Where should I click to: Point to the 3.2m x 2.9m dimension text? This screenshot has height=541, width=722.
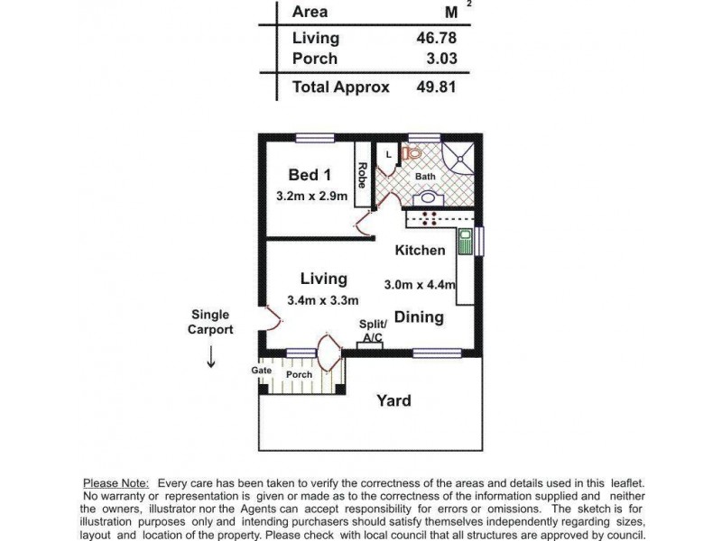tap(311, 196)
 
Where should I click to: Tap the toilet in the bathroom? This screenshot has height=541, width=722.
tap(413, 154)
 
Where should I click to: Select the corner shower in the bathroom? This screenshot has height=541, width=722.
tap(463, 157)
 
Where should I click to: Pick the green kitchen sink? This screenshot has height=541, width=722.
tap(465, 242)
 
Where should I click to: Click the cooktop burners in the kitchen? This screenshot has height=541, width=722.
tap(425, 217)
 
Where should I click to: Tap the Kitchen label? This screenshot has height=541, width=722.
tap(420, 251)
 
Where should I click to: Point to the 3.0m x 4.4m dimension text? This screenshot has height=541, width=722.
tap(420, 284)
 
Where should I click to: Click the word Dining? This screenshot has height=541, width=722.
tap(419, 317)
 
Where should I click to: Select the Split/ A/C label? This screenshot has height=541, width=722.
tap(373, 331)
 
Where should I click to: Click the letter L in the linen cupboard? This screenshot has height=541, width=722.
tap(388, 154)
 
